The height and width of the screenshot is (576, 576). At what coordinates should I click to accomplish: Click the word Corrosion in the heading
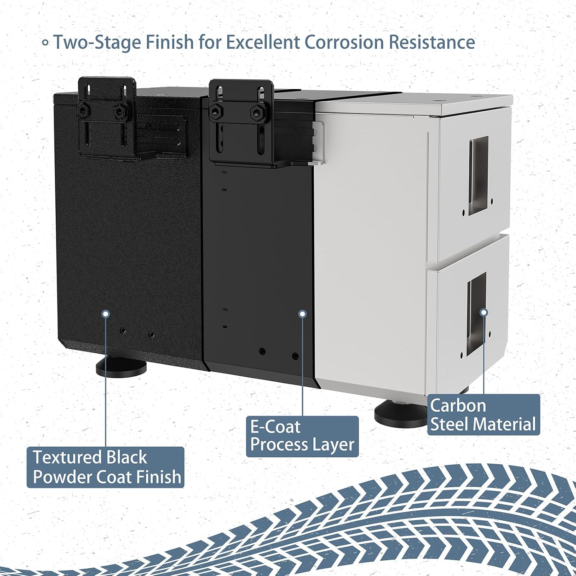pyautogui.click(x=344, y=42)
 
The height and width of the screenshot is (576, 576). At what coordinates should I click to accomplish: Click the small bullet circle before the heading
pyautogui.click(x=45, y=43)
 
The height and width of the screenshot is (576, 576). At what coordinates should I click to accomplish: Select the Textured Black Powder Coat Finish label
pyautogui.click(x=106, y=467)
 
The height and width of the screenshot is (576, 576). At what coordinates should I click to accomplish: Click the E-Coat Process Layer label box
pyautogui.click(x=302, y=437)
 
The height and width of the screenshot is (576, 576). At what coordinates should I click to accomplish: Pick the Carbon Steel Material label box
pyautogui.click(x=483, y=415)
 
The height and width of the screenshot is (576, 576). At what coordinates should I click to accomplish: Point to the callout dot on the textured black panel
pyautogui.click(x=106, y=314)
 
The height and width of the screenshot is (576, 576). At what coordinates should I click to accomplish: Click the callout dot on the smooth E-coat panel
pyautogui.click(x=303, y=314)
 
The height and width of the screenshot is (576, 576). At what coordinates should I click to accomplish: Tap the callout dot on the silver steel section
pyautogui.click(x=484, y=312)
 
